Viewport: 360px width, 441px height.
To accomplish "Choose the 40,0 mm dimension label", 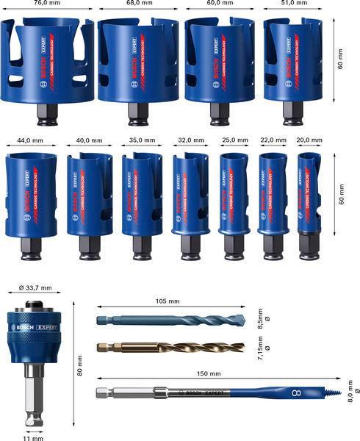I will pos(89,139).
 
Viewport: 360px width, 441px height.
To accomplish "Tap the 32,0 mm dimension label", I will pos(190,139).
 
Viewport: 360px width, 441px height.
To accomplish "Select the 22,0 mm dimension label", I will pos(273,139).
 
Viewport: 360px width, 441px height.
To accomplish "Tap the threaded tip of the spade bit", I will pos(335,394).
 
